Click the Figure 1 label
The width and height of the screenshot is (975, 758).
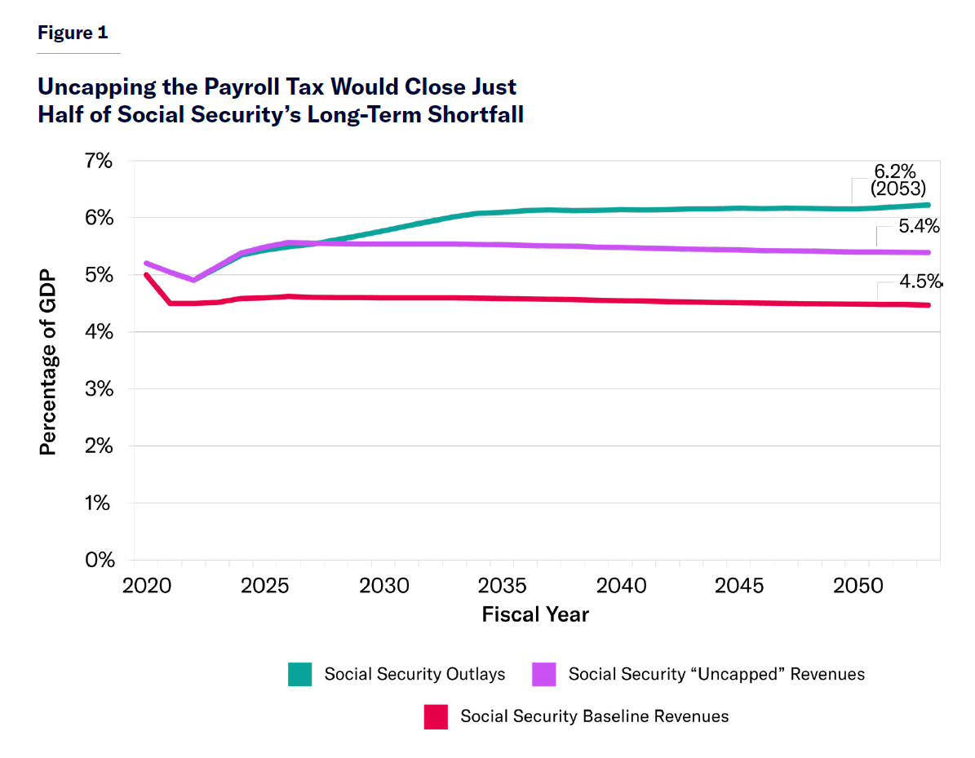point(73,33)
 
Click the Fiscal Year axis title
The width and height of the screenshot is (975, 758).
point(535,614)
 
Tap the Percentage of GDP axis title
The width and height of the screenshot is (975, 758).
point(49,361)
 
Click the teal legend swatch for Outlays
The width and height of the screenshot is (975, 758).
point(300,675)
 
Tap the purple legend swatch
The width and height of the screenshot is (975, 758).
point(543,675)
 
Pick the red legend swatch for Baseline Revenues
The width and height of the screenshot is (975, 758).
point(437,717)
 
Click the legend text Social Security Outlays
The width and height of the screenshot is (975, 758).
point(414,675)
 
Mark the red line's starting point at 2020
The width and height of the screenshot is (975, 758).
point(146,275)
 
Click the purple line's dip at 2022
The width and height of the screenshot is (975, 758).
point(193,280)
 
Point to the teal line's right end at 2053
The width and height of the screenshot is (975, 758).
point(929,206)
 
